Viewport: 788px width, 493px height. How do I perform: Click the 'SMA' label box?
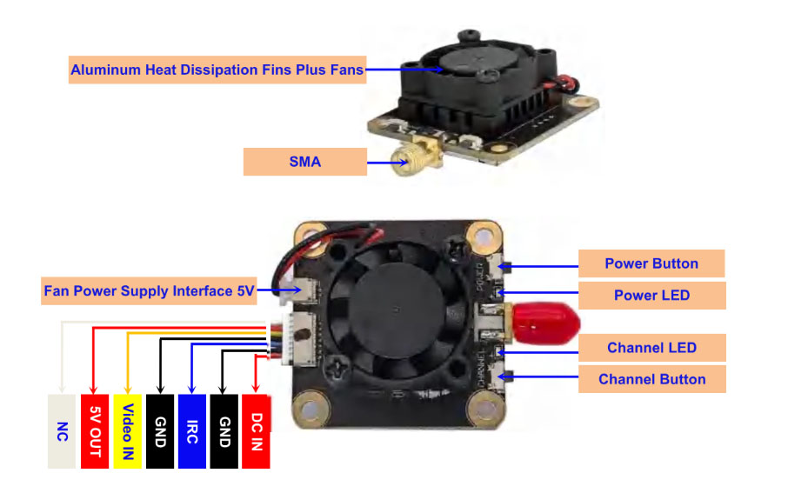click(304, 162)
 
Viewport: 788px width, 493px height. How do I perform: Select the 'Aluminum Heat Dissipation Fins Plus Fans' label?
click(217, 70)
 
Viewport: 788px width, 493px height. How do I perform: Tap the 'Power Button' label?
click(651, 263)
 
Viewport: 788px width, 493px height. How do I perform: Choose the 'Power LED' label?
click(651, 295)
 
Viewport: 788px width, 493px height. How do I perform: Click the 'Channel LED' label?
click(651, 348)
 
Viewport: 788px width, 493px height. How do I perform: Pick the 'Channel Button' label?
click(651, 379)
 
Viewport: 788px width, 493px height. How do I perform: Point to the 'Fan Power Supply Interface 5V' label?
click(149, 290)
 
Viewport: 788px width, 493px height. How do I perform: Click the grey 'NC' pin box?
click(61, 431)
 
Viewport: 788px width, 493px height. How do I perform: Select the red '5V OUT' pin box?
click(94, 431)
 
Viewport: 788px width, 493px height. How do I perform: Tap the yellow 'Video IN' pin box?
click(127, 431)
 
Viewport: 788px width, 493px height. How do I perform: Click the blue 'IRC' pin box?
click(191, 431)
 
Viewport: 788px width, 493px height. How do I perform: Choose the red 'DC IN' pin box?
click(256, 431)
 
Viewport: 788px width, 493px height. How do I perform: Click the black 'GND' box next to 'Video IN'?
click(159, 431)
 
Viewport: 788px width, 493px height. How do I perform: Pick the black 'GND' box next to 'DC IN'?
click(224, 431)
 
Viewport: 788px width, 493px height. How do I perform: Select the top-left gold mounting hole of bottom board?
click(307, 235)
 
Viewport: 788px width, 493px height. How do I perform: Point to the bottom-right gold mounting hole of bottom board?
click(480, 406)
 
